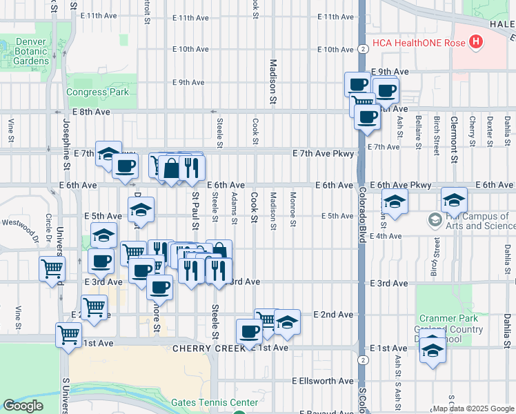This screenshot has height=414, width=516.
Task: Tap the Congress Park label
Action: [97, 92]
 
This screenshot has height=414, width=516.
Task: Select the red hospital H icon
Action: [475, 43]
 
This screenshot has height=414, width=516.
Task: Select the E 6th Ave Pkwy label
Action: [401, 185]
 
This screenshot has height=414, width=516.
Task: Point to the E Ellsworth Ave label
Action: [323, 381]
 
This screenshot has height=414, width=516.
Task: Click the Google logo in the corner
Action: [23, 406]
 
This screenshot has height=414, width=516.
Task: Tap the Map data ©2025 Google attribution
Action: [473, 408]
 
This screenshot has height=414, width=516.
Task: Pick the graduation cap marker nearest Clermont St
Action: [454, 200]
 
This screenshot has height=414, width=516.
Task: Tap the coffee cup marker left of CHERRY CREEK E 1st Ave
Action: [249, 331]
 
